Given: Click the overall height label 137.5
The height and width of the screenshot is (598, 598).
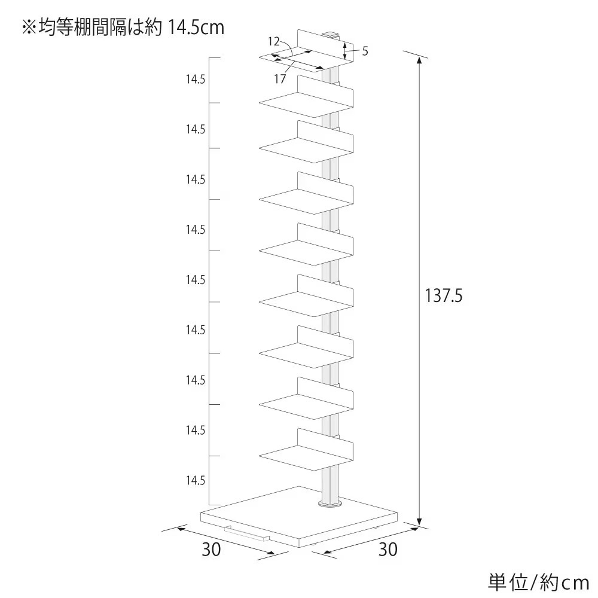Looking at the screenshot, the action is point(444,295).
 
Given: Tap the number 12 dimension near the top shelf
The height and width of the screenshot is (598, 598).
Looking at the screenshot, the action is point(274,41).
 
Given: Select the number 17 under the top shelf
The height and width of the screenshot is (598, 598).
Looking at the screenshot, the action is point(280,79).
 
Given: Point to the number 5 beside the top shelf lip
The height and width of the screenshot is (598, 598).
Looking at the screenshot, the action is point(365,51).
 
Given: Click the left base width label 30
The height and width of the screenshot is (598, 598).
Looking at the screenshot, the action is point(211,549).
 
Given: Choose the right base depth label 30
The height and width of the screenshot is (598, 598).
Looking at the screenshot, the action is point(388,549).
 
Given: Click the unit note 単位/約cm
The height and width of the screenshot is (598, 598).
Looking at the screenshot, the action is point(539,582).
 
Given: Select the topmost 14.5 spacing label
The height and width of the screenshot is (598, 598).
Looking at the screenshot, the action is point(196,80).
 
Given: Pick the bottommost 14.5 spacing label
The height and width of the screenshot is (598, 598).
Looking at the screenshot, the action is point(196,480).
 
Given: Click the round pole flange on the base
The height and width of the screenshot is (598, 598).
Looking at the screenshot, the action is point(330,505).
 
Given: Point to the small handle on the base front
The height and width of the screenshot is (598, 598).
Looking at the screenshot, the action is point(247,533).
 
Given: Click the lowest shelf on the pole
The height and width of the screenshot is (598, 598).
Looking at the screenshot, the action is point(306,450).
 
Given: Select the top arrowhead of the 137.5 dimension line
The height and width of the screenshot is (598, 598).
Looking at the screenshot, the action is point(420,61).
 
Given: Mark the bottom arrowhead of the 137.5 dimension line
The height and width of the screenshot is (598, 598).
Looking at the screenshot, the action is point(420,521).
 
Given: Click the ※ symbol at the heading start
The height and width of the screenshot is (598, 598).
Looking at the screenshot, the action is point(29,28).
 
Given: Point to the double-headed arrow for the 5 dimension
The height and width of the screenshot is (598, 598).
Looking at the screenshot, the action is point(345,51).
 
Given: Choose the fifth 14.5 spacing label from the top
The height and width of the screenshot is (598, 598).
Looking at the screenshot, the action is point(196,279).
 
